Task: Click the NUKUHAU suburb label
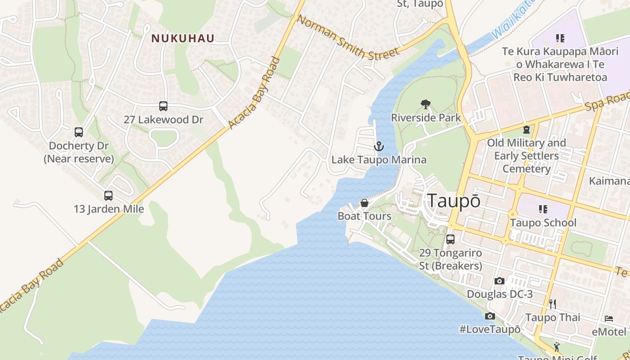coord(183,38)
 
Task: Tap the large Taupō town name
coord(454,201)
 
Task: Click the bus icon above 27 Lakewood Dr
coord(163,106)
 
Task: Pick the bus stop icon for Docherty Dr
coord(79,132)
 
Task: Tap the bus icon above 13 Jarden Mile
coord(108,195)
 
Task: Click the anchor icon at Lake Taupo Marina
coord(379,146)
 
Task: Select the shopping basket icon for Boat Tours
coord(364,203)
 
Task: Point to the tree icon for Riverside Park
coord(425,104)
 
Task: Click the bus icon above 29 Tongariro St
coord(450,239)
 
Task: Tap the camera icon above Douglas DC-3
coord(499,281)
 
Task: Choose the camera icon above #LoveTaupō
coord(490,316)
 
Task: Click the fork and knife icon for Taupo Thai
coord(553,304)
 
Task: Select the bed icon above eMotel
coord(609,319)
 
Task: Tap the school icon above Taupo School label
coord(543,209)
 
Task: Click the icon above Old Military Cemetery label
coord(526,130)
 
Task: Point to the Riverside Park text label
coord(426,118)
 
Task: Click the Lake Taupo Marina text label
coord(379,160)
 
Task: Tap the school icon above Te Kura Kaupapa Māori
coord(560,38)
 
